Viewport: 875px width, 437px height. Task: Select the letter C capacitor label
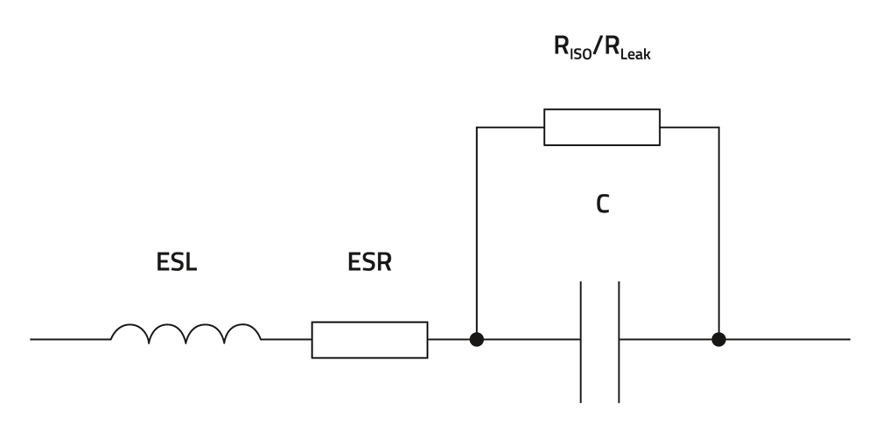[x=602, y=205]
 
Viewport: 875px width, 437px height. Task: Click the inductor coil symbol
[x=185, y=332]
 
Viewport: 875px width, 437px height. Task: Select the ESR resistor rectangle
[x=369, y=339]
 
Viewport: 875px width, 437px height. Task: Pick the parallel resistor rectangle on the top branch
[x=602, y=127]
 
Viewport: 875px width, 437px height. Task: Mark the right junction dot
[x=718, y=339]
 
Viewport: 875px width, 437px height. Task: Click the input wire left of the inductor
[x=70, y=339]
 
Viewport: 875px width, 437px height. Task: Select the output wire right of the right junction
[x=787, y=339]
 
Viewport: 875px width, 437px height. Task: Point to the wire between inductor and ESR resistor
[x=286, y=339]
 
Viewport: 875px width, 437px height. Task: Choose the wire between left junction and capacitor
[x=529, y=339]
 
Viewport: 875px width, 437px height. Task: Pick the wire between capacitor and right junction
[x=669, y=339]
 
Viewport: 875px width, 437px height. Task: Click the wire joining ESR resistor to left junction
[x=450, y=339]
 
